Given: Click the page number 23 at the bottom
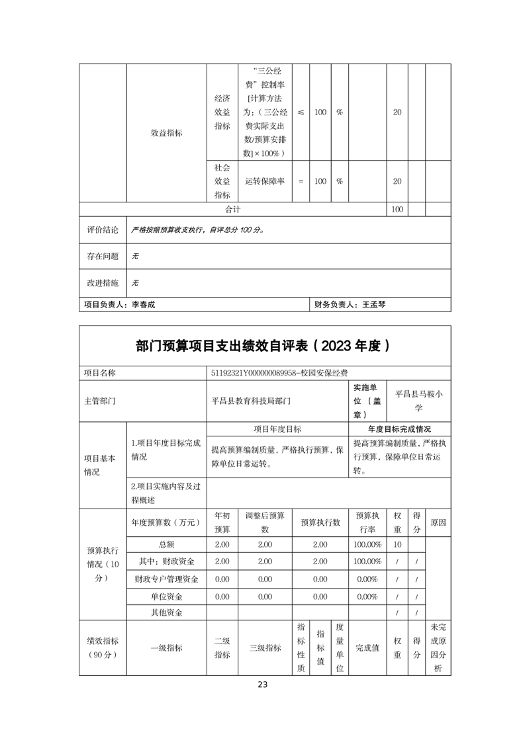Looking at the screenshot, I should [262, 684].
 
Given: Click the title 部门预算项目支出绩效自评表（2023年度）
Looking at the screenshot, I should [265, 346].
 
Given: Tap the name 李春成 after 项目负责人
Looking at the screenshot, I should [144, 305].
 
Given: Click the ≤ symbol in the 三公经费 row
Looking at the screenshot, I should [301, 112].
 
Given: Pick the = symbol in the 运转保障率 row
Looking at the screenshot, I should [301, 181].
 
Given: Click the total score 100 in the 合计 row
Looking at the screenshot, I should [397, 210].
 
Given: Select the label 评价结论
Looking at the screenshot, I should [103, 230].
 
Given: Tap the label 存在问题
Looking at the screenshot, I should [103, 256].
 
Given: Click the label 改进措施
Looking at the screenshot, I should [103, 282].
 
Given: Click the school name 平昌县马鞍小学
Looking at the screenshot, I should [418, 401].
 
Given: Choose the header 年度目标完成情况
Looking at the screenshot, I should [399, 429].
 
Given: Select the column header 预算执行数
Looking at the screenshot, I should [320, 522].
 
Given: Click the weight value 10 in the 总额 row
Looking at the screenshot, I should [397, 544].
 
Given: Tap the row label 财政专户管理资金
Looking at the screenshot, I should [166, 579].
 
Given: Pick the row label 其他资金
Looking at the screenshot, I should [166, 613].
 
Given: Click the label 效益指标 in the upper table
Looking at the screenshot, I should [166, 133].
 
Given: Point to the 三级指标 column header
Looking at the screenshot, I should [265, 648].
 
